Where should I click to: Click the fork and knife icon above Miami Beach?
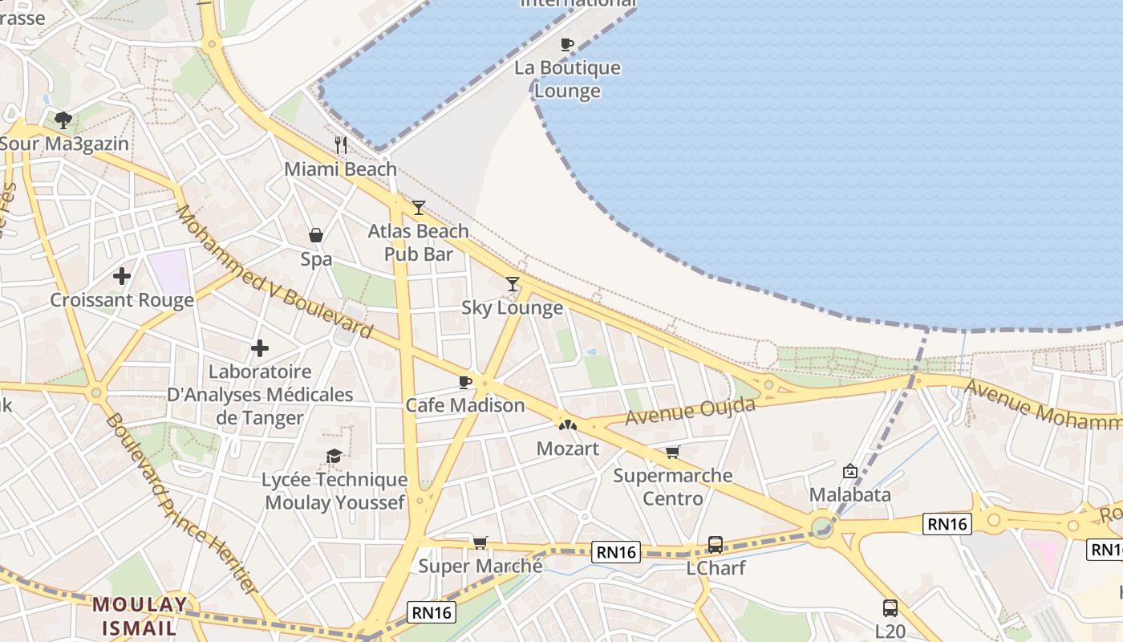coord(341,145)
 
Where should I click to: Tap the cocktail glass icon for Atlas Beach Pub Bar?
coord(418,208)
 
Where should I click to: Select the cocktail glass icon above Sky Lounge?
coord(513,283)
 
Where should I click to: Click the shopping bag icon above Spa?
coord(316,235)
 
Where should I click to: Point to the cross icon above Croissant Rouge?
coord(122,277)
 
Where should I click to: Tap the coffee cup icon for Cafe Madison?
coord(464,382)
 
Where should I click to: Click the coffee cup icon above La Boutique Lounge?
coord(567,44)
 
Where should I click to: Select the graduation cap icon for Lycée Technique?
coord(334,457)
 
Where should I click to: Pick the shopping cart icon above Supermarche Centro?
coord(672,453)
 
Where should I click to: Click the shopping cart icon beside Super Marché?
coord(480,542)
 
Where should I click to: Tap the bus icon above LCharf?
coord(716,545)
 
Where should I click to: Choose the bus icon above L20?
coord(890,607)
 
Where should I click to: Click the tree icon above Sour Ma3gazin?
coord(63,120)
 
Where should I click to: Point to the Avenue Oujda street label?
coord(690,412)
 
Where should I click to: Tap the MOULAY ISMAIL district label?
coord(140,616)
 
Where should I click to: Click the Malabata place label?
coord(849,494)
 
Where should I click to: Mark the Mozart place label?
coord(567,449)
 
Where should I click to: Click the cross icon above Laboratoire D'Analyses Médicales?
coord(260,348)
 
